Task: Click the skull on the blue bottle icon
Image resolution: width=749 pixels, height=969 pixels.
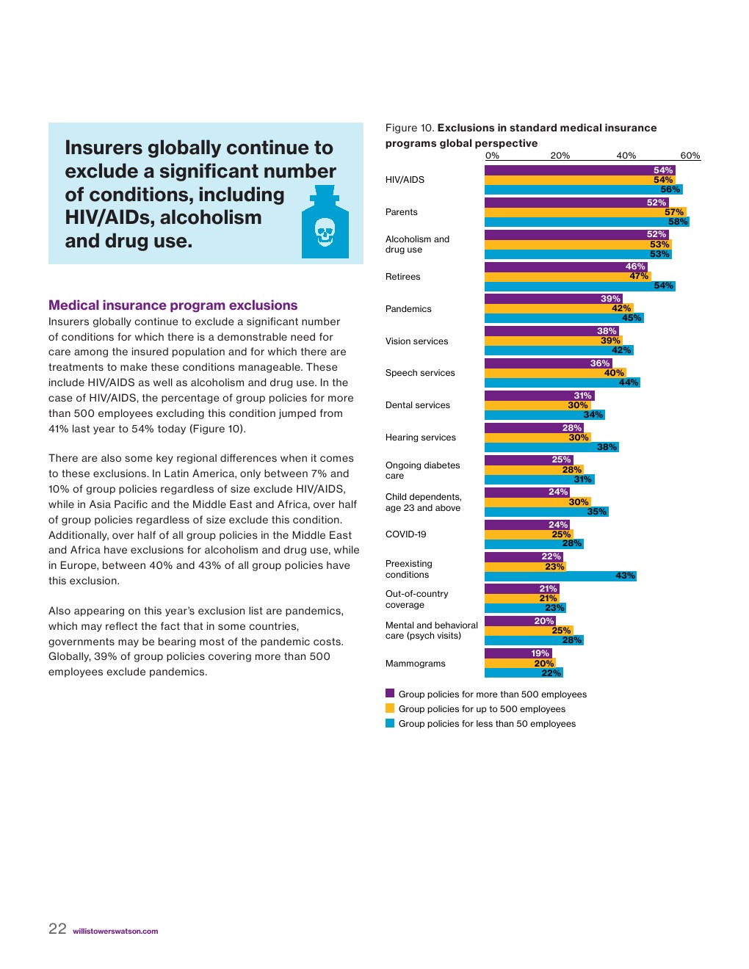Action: (x=325, y=232)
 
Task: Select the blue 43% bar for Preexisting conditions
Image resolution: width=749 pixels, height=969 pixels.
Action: (x=560, y=576)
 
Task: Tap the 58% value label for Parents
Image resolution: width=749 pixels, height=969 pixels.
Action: (x=677, y=222)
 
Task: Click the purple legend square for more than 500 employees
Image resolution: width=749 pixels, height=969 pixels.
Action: (x=390, y=693)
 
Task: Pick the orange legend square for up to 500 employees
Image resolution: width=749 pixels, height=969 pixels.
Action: (x=390, y=708)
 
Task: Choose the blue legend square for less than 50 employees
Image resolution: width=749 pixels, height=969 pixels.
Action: (x=390, y=723)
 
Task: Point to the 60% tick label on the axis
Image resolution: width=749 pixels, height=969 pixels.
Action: (x=690, y=156)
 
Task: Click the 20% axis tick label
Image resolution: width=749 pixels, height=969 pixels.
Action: (x=560, y=156)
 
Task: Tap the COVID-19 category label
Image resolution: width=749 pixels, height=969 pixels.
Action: (x=405, y=534)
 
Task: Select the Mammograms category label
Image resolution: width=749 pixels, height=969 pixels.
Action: (x=415, y=664)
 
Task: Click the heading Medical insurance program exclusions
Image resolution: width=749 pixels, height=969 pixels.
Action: (x=173, y=305)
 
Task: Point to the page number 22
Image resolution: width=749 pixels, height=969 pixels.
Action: (x=57, y=929)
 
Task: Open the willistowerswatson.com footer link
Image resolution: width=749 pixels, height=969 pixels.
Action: (x=115, y=932)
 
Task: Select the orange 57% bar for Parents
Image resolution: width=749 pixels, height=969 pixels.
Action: (x=585, y=212)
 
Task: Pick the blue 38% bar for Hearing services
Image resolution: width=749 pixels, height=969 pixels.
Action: (x=551, y=447)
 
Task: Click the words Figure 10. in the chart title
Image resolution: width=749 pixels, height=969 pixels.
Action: (x=410, y=128)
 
